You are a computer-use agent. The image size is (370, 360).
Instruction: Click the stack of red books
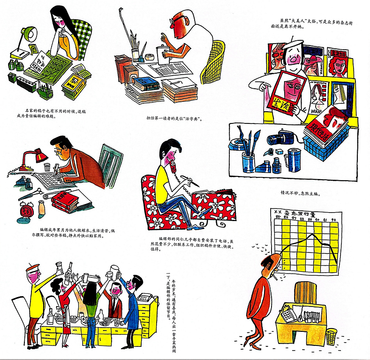(x=63, y=201)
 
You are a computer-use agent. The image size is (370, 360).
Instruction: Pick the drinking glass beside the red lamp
(x=46, y=167)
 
